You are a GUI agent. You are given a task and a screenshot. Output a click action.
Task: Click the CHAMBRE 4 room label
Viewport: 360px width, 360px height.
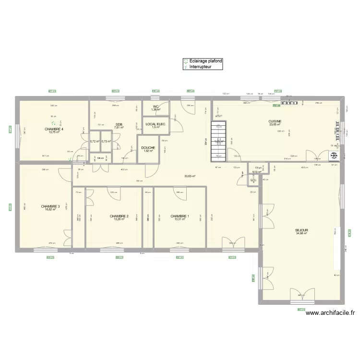pyautogui.click(x=54, y=129)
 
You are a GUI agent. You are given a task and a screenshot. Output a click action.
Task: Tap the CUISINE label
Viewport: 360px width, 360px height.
pyautogui.click(x=275, y=121)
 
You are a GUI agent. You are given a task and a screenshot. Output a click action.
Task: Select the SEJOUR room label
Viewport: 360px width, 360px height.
pyautogui.click(x=302, y=230)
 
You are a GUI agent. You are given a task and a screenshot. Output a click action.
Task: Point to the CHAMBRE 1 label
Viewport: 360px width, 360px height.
pyautogui.click(x=180, y=216)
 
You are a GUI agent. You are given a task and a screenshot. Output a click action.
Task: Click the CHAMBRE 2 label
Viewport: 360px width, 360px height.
pyautogui.click(x=119, y=216)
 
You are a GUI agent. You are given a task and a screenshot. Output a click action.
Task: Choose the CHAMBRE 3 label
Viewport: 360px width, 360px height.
pyautogui.click(x=50, y=206)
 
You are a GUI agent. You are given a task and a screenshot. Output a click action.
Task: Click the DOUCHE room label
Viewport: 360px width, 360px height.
pyautogui.click(x=148, y=148)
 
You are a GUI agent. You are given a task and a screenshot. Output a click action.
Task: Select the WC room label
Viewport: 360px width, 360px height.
pyautogui.click(x=156, y=107)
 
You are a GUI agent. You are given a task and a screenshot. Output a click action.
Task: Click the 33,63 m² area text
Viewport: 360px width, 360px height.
pyautogui.click(x=191, y=176)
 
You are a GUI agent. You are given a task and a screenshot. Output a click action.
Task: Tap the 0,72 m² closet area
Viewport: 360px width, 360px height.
pyautogui.click(x=95, y=142)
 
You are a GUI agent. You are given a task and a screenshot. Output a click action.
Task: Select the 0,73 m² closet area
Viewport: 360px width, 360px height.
pyautogui.click(x=106, y=142)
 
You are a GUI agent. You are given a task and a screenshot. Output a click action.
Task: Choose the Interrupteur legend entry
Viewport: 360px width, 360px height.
pyautogui.click(x=200, y=67)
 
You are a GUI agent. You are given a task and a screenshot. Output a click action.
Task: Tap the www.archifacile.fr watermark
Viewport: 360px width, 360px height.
pyautogui.click(x=330, y=313)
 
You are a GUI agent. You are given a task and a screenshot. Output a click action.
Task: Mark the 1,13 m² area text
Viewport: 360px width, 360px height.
pyautogui.click(x=256, y=172)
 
